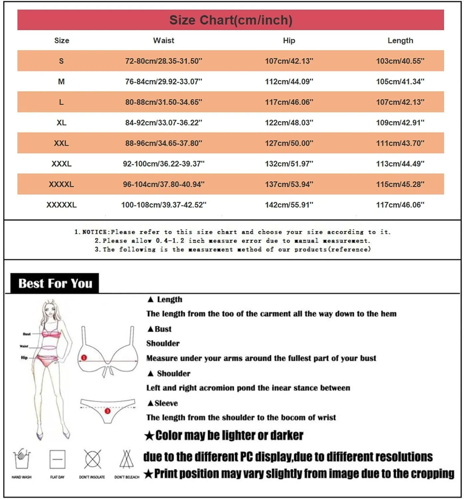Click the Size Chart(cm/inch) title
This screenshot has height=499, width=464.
tap(231, 20)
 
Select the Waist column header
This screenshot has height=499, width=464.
tap(163, 41)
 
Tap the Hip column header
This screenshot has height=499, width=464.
tap(289, 41)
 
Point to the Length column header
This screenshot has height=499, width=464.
tap(400, 41)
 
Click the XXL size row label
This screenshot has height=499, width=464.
tap(61, 143)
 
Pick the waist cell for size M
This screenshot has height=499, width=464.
tap(163, 82)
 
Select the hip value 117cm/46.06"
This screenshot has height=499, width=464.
tap(289, 102)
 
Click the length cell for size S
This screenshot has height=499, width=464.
tap(400, 61)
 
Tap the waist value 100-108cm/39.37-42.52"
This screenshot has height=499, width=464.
tap(163, 205)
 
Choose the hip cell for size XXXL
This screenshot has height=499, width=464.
tap(289, 164)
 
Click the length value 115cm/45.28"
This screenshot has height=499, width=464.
tap(400, 184)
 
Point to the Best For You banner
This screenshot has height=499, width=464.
tap(55, 283)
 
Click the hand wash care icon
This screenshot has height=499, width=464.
tap(22, 459)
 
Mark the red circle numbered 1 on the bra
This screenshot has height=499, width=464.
tap(84, 358)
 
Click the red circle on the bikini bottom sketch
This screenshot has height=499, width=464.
tap(107, 411)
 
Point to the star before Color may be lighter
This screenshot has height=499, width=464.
tap(149, 435)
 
